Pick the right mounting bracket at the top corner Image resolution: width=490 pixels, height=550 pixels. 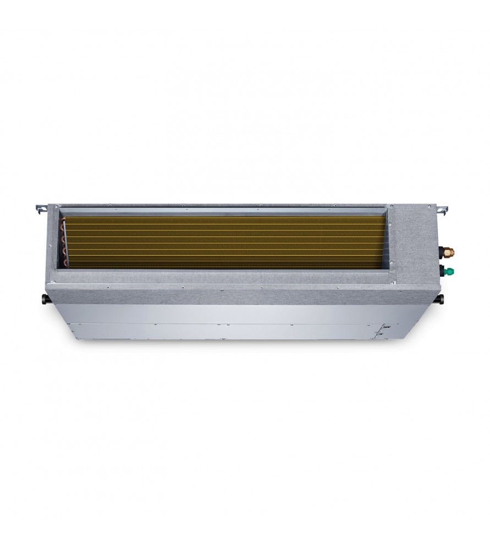442,209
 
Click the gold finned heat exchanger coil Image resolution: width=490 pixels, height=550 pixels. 220,240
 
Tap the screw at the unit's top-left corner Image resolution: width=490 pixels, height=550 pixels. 53,205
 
